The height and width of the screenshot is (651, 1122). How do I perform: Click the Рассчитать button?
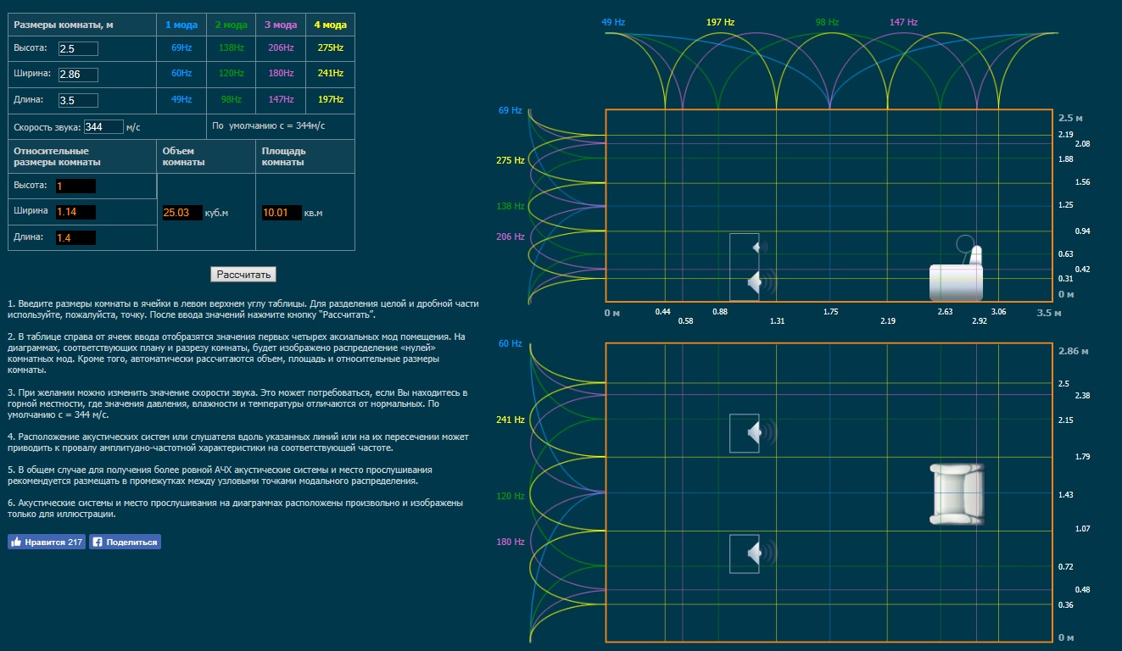pos(243,275)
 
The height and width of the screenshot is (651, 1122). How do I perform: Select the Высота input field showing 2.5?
pos(78,48)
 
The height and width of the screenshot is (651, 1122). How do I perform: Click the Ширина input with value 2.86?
pos(78,75)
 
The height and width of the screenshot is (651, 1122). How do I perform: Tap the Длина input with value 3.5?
pos(78,100)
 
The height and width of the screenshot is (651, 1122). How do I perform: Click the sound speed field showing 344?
pos(103,127)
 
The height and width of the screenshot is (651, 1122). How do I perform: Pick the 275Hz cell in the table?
pos(331,48)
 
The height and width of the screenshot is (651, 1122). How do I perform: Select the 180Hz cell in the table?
pos(281,74)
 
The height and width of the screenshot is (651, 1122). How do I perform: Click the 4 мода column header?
pos(331,25)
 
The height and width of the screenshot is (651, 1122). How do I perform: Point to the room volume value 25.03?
pos(181,213)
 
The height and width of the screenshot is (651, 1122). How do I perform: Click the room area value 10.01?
pos(282,213)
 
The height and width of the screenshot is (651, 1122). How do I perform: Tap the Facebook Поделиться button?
pos(125,542)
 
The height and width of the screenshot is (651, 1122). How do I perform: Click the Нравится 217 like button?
pos(47,542)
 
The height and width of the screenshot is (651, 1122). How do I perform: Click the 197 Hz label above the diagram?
pos(720,22)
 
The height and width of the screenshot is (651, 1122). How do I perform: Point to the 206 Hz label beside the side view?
pos(510,236)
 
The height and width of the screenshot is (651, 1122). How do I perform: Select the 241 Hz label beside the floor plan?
pos(510,420)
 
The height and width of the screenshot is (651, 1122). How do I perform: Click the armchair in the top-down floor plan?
pos(957,493)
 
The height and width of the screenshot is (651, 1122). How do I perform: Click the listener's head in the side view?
pos(964,245)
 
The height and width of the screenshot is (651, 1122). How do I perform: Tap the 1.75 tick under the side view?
pos(830,312)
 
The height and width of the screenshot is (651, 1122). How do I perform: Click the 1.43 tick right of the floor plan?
pos(1066,494)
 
